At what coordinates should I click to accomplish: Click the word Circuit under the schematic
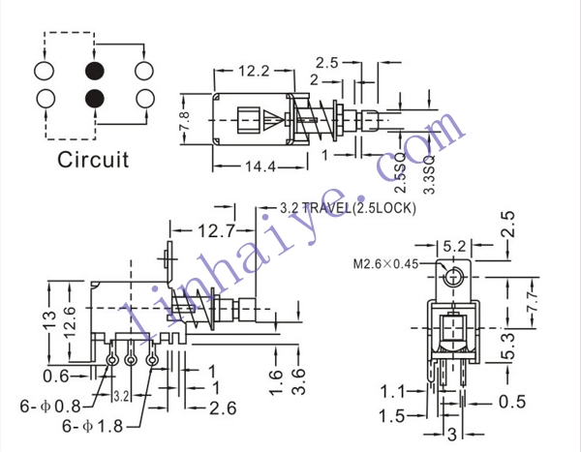[93, 160]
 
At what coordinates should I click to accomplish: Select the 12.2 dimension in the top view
[254, 71]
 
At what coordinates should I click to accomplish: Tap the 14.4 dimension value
[260, 166]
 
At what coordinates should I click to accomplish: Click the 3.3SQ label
[429, 175]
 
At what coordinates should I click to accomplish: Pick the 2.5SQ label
[401, 176]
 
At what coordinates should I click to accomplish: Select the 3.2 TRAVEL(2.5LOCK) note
[348, 208]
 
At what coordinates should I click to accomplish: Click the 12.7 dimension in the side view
[217, 231]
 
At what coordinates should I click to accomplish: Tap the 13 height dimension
[50, 320]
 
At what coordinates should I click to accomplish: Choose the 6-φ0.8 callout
[50, 407]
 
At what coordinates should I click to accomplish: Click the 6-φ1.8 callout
[92, 426]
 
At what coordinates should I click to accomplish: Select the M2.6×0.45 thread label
[385, 264]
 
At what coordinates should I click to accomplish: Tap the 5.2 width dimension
[454, 246]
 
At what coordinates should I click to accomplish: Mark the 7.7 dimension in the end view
[533, 302]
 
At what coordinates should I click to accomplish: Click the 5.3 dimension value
[508, 347]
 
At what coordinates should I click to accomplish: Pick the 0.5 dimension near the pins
[512, 402]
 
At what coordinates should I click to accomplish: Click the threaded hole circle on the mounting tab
[452, 277]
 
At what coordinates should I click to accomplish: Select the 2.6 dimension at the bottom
[223, 408]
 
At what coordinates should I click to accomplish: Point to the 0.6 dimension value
[56, 377]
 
